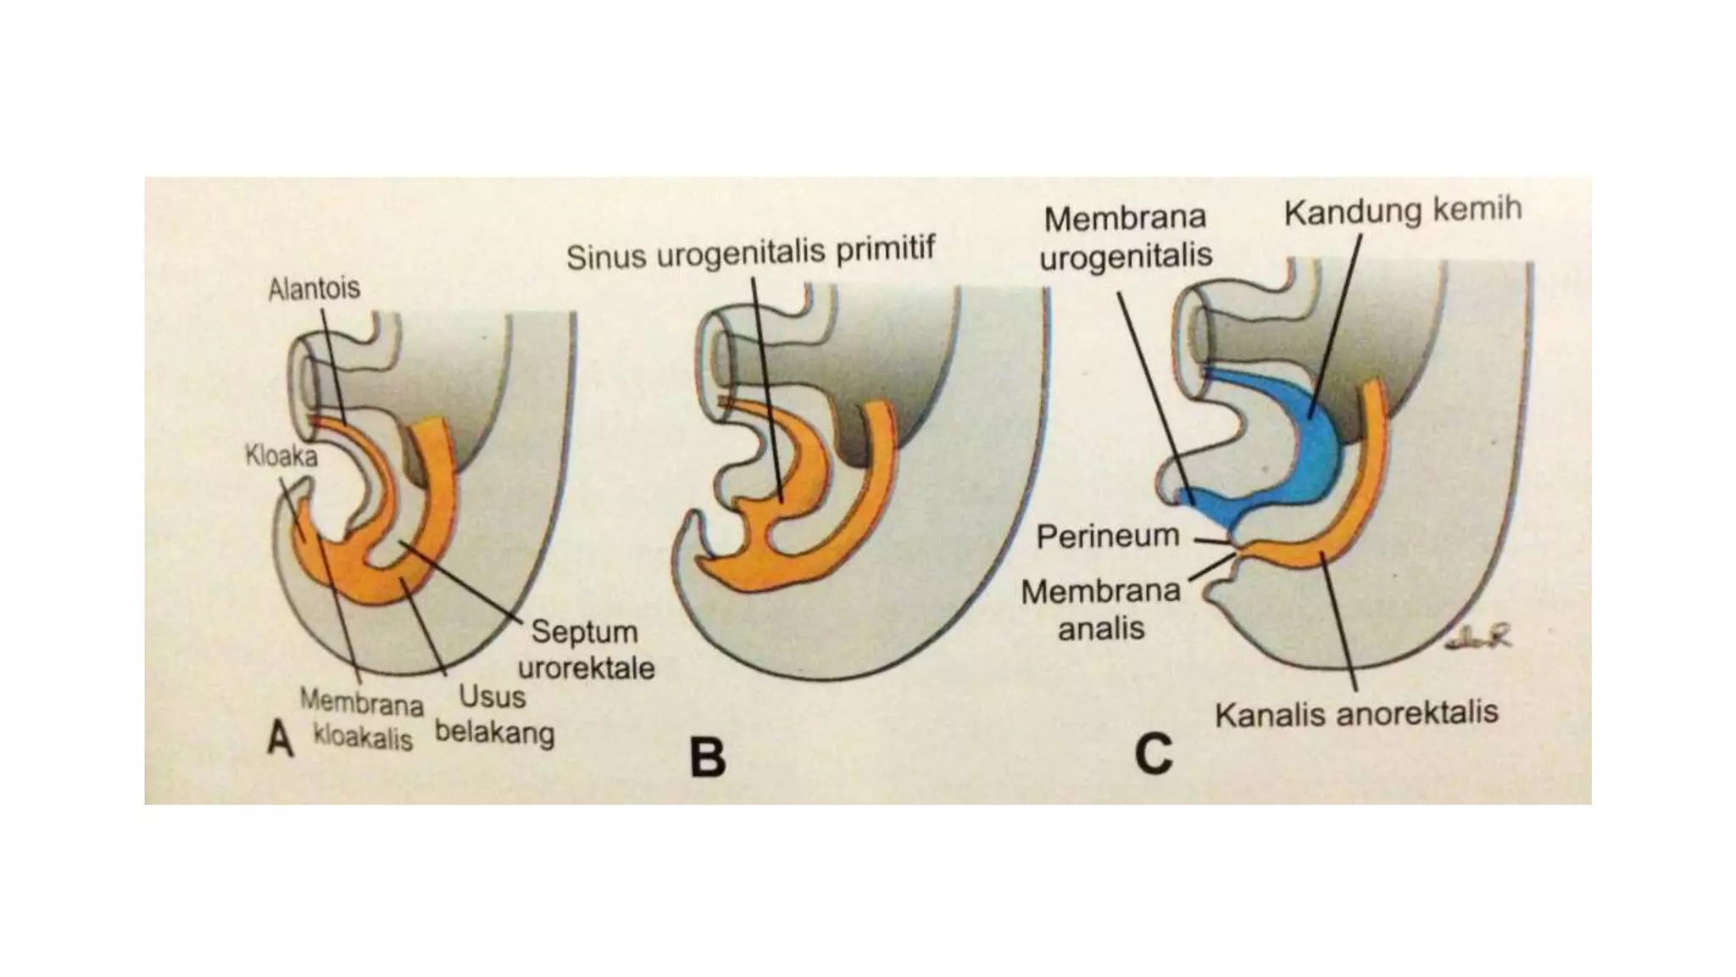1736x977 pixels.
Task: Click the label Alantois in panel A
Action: click(314, 289)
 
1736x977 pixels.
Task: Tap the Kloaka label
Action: click(281, 457)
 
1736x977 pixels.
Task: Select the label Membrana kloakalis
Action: click(362, 719)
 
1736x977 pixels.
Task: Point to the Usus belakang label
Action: click(493, 715)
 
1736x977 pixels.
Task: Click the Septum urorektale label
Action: click(585, 650)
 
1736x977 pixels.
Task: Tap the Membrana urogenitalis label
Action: click(1125, 237)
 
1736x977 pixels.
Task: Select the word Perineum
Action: click(1107, 536)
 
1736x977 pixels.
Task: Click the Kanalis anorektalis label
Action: click(1355, 713)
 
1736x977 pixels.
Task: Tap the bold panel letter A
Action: click(281, 739)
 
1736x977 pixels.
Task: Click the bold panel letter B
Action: click(708, 757)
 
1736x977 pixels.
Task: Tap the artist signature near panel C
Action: click(1478, 639)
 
